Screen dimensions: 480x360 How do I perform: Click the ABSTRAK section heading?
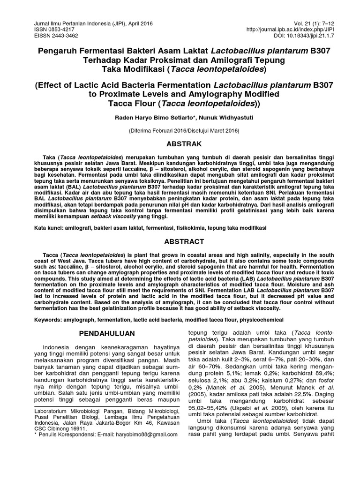click(180, 143)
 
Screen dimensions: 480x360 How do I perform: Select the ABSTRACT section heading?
click(180, 241)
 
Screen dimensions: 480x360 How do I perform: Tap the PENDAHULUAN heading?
click(107, 333)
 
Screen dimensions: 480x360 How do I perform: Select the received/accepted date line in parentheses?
click(180, 132)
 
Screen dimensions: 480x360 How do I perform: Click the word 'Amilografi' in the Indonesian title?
click(224, 60)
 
